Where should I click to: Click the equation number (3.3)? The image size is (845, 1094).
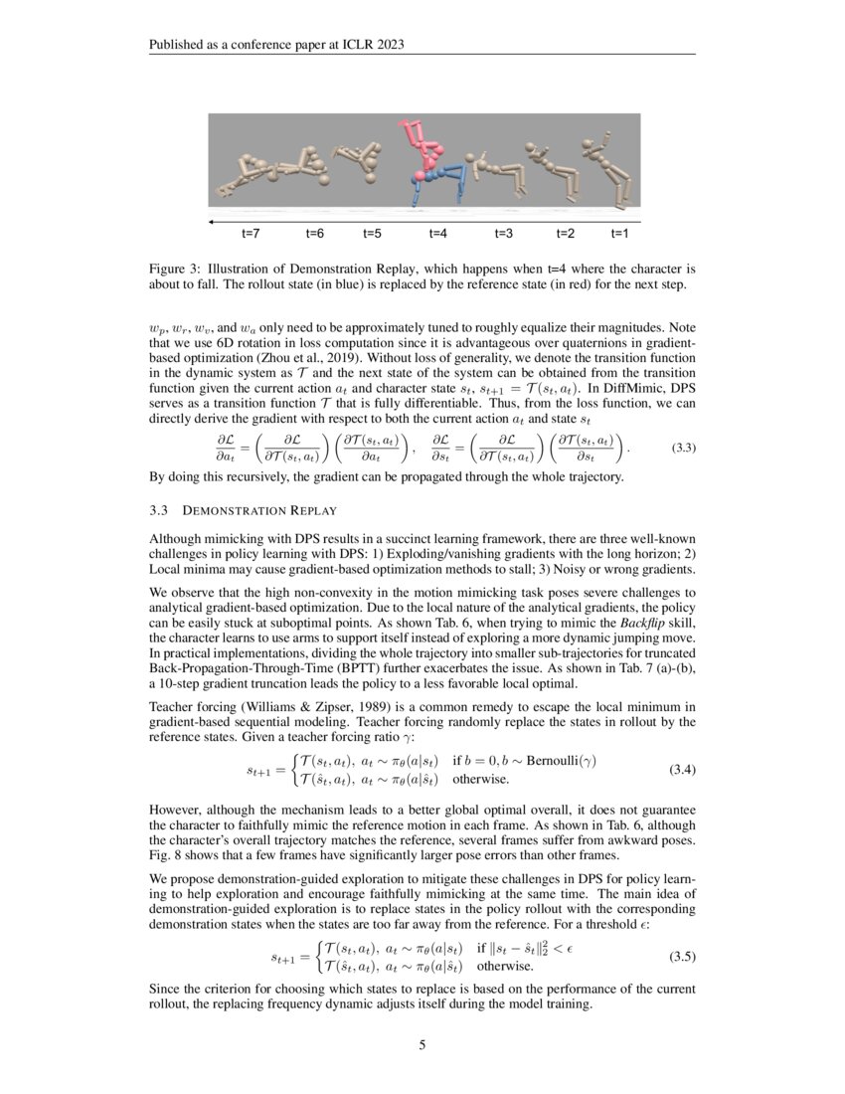(683, 448)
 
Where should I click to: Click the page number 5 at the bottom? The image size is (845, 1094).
(422, 1044)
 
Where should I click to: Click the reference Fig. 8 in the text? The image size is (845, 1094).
(166, 856)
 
